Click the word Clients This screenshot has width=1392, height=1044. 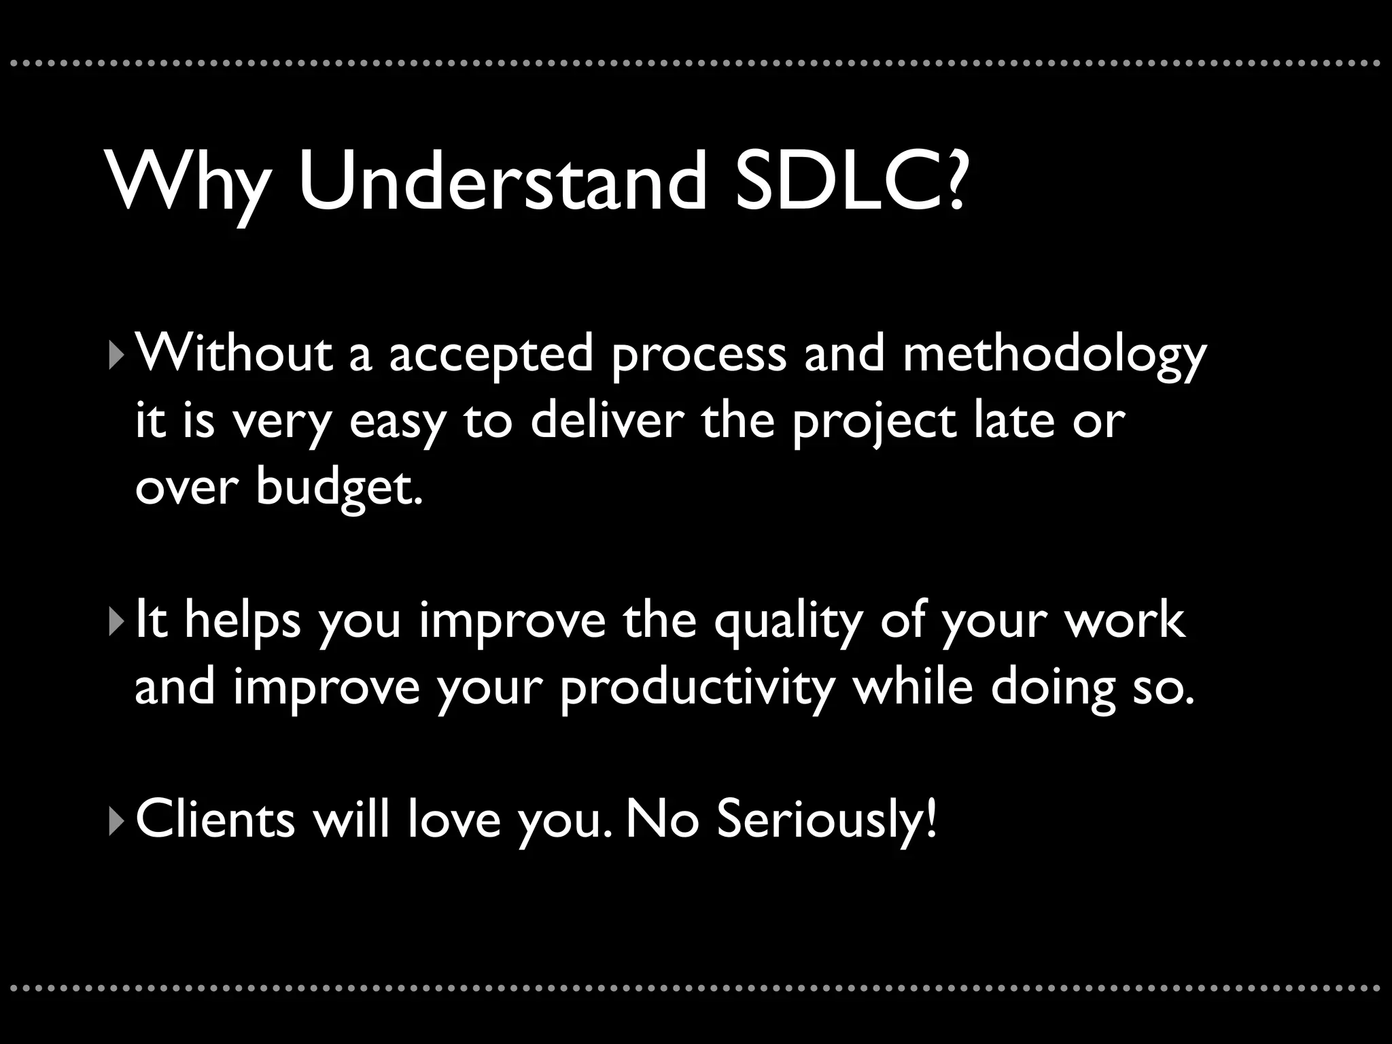tap(215, 820)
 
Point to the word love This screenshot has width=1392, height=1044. tap(454, 820)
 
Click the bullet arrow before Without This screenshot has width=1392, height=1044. tap(114, 355)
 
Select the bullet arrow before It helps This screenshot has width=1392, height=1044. tap(114, 622)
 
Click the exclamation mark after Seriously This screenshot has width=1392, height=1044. tap(930, 820)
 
